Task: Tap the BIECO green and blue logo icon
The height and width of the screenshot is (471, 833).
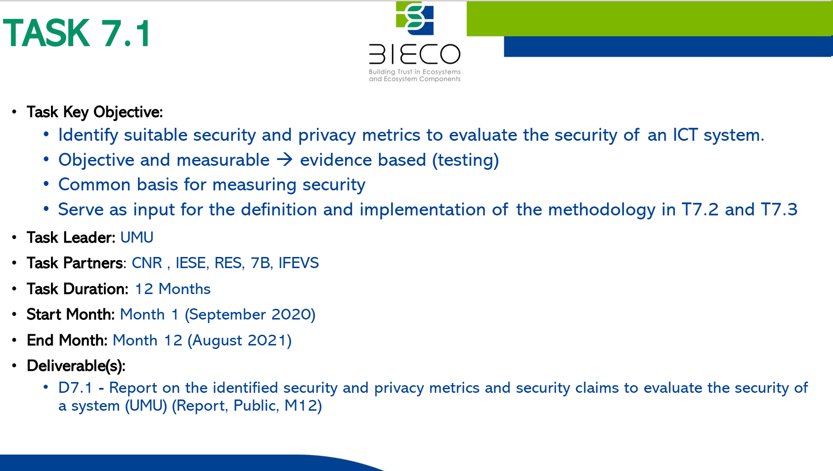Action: coord(414,18)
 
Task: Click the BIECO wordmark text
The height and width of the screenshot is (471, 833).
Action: coord(414,54)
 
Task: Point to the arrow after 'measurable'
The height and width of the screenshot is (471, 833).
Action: coord(285,160)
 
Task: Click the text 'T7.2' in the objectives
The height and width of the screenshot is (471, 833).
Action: coord(700,210)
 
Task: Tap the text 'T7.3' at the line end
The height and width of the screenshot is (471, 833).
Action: coord(779,210)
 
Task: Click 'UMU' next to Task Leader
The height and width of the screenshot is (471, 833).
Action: coord(137,237)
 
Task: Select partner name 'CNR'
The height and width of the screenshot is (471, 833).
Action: coord(147,263)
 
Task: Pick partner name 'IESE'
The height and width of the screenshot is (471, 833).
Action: coord(191,263)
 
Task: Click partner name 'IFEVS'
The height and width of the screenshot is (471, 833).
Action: coord(299,263)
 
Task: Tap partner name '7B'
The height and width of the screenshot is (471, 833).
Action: coord(261,263)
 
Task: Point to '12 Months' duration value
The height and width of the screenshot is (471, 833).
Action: coord(173,289)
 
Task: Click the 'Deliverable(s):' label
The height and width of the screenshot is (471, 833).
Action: coord(76,366)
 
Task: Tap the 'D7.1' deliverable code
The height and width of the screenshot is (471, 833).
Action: coord(75,388)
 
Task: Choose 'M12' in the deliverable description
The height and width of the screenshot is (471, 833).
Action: coord(300,406)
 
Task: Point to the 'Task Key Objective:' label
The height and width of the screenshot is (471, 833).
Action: coord(95,112)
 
